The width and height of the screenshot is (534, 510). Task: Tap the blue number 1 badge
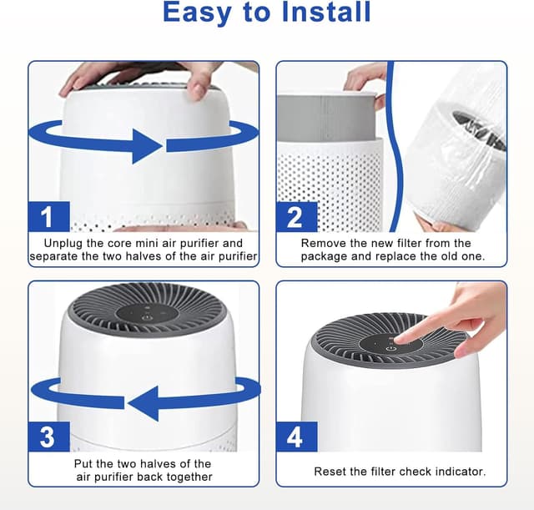[x=48, y=217]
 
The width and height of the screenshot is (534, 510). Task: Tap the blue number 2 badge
[x=295, y=217]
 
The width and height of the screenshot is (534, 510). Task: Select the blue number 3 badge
[x=48, y=437]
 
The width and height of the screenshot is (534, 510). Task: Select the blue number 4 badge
[x=295, y=437]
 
